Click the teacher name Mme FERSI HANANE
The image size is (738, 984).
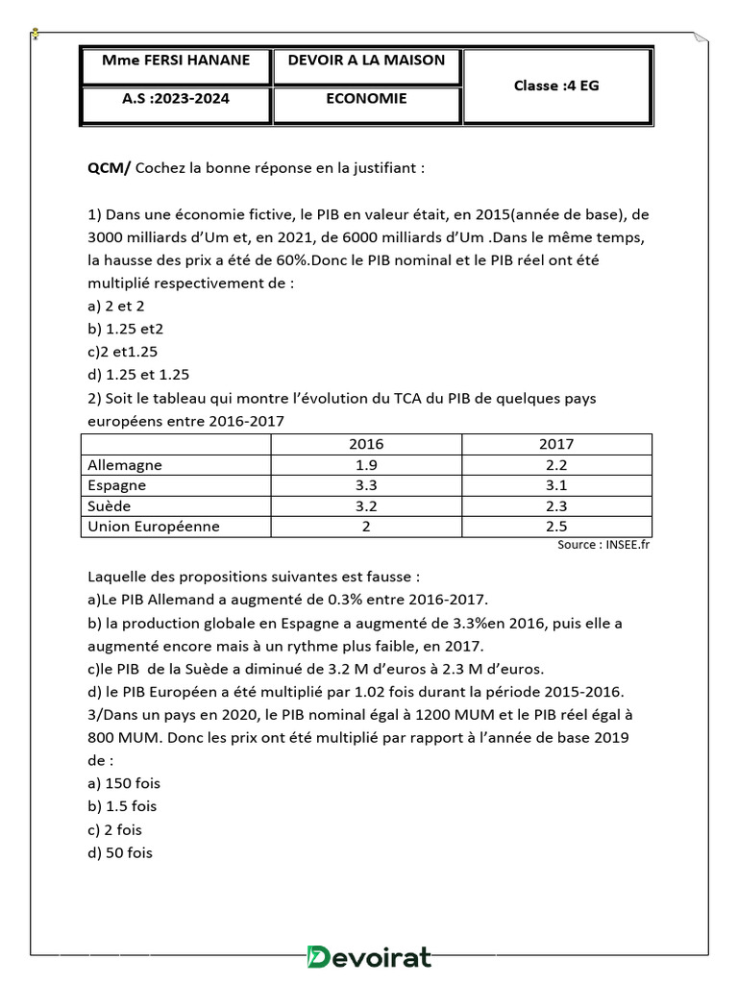(x=176, y=61)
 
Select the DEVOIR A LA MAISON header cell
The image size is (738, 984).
(x=366, y=61)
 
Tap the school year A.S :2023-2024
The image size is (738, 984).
(x=176, y=98)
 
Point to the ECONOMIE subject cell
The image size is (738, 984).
(x=366, y=98)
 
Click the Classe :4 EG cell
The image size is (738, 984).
(x=556, y=86)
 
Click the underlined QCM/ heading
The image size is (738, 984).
(x=111, y=168)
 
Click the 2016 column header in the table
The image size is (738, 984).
(x=366, y=444)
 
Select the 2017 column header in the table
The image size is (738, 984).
(x=556, y=444)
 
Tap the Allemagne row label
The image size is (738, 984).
(x=125, y=465)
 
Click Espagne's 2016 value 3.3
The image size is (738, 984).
(x=366, y=485)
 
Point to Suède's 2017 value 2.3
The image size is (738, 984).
(x=556, y=505)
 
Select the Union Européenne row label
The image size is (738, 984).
(x=154, y=526)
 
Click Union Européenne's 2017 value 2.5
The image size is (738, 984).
(x=556, y=526)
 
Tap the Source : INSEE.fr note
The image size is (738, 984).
(x=603, y=545)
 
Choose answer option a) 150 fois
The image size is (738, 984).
(x=124, y=783)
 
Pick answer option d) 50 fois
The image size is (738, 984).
(x=120, y=852)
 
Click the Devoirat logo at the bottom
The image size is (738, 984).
(x=368, y=957)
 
